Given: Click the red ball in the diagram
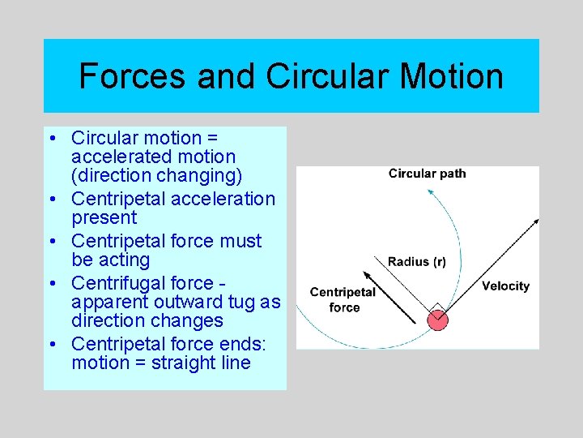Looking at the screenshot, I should point(437,319).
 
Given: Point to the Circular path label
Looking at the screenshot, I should point(427,173).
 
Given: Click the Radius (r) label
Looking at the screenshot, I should point(416,261).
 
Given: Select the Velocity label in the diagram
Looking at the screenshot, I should point(505,286).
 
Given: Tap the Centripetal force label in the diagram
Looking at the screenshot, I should point(343,299).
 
